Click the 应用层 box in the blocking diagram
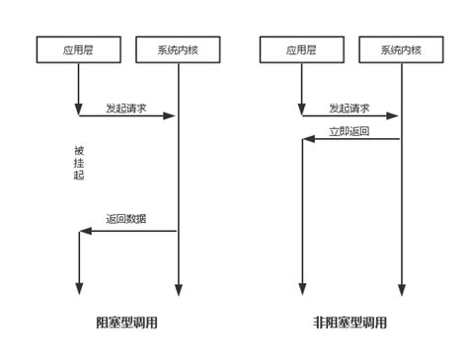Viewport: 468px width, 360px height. coord(79,49)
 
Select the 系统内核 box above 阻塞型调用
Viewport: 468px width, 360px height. coord(178,49)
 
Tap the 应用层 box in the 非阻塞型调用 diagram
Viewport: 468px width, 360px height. coord(302,49)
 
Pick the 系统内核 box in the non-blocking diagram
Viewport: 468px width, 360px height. coord(401,49)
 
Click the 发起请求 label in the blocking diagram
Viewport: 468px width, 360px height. coord(126,108)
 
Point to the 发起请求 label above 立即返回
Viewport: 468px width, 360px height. coord(350,108)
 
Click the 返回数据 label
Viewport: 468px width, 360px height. coord(126,219)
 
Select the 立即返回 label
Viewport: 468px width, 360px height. coord(350,131)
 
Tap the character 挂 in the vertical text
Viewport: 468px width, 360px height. coord(79,163)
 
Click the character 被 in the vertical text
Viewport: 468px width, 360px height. coord(79,151)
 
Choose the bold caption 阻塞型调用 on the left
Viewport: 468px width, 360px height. coord(126,323)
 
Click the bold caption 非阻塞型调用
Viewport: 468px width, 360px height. coord(350,323)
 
